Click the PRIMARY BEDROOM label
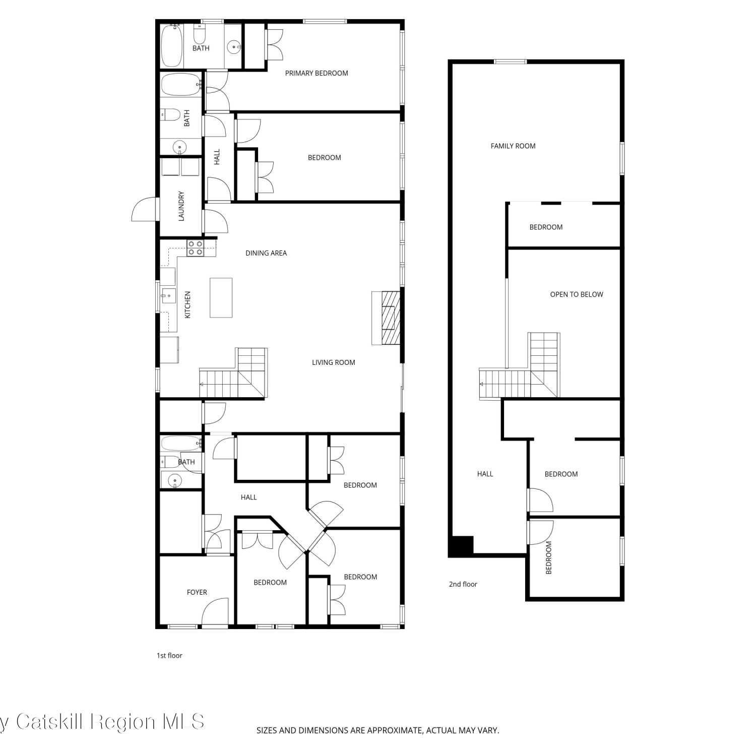[317, 73]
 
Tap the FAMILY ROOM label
[513, 146]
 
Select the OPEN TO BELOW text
[577, 294]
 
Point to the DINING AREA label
[266, 253]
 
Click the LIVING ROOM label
[334, 362]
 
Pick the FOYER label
[197, 592]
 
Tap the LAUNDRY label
[181, 206]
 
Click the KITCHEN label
[187, 305]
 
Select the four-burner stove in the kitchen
[195, 247]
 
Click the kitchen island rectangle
[221, 298]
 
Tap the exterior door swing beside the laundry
[143, 209]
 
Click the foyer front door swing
[215, 612]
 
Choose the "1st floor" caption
[169, 656]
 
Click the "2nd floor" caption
[463, 584]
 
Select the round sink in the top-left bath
[234, 47]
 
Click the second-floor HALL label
[485, 474]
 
